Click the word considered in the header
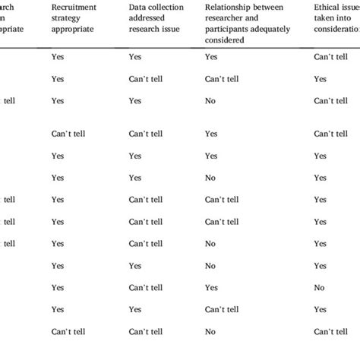[x=225, y=39]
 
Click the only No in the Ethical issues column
[x=319, y=288]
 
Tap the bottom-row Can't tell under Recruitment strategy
[x=68, y=332]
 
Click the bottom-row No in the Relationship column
[x=210, y=332]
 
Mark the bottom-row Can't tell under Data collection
[x=146, y=332]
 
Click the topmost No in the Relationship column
[x=210, y=100]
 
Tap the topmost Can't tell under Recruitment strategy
[x=68, y=134]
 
